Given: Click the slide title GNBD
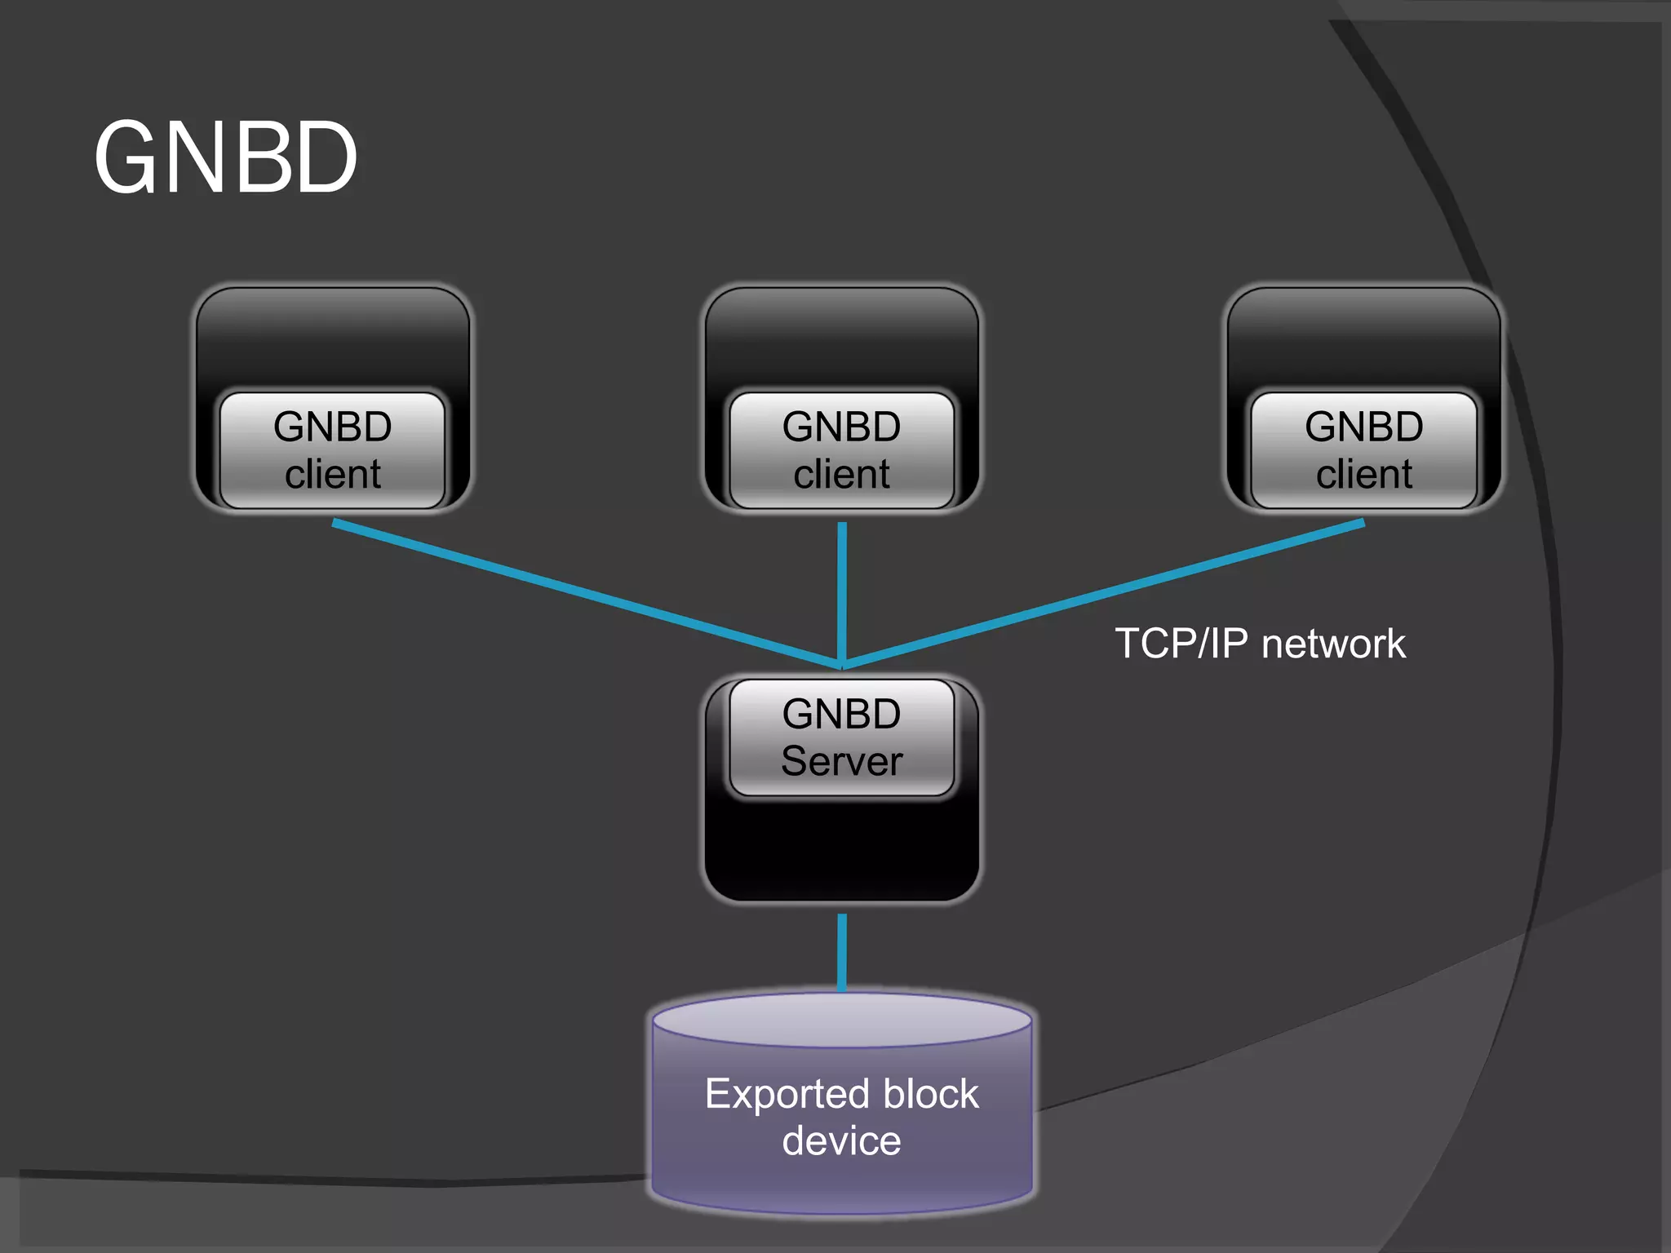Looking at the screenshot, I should point(226,157).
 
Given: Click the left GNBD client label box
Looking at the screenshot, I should point(332,449).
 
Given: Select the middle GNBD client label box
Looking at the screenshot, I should point(841,449).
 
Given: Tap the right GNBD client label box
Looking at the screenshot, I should point(1363,449).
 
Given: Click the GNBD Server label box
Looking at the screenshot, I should point(841,737).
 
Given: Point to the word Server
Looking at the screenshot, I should point(841,761).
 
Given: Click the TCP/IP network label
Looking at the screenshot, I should point(1260,644).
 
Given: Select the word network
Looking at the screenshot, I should point(1333,644).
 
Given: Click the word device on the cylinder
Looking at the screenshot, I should point(841,1140).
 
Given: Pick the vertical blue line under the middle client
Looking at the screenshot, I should point(842,587).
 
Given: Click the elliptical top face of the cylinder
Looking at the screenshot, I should point(841,1019).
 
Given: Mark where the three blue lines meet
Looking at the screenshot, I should point(842,665).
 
